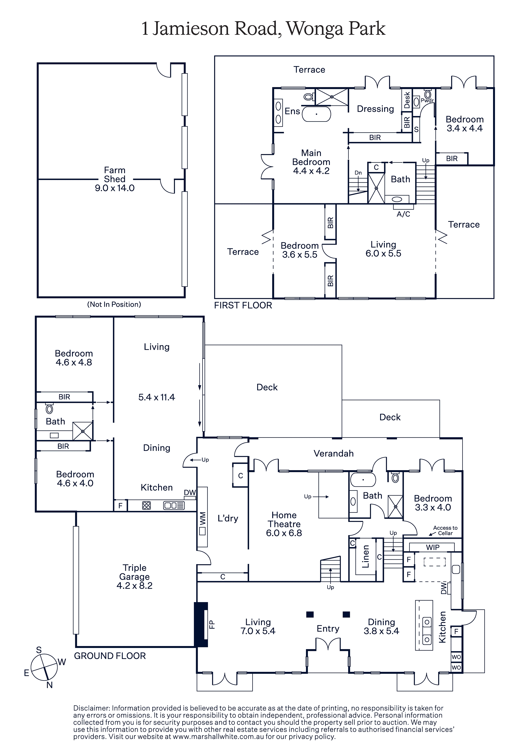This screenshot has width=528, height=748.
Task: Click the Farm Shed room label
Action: (115, 179)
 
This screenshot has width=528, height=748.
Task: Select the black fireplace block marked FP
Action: (201, 625)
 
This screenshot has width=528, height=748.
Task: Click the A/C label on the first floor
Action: (403, 214)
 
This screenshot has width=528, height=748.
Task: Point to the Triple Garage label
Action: (134, 577)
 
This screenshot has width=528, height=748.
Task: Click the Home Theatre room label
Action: (284, 524)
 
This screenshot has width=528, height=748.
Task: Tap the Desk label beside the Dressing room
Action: (407, 100)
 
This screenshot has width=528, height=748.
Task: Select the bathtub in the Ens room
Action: (316, 114)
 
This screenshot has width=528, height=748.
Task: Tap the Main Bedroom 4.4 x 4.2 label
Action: (311, 162)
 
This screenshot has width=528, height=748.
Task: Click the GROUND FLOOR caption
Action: (110, 656)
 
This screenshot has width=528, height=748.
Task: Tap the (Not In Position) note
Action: (114, 304)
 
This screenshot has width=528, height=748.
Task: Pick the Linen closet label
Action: (366, 556)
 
